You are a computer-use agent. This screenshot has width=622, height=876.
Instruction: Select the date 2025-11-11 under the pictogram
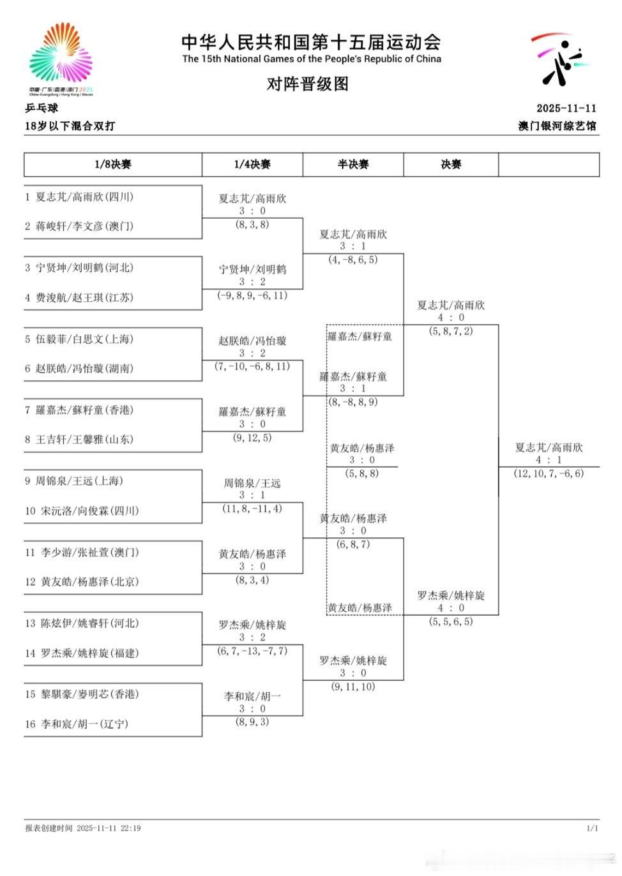(x=566, y=108)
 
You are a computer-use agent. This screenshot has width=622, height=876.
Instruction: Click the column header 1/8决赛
(x=113, y=165)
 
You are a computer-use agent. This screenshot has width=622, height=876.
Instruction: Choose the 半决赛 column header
(x=353, y=165)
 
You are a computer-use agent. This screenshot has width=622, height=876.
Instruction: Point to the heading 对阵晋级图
(x=308, y=84)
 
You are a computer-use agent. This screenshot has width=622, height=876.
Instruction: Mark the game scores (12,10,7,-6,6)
(x=549, y=473)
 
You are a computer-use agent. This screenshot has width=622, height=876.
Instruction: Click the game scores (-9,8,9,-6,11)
(x=252, y=295)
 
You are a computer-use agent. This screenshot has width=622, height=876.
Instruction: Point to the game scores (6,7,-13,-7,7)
(x=252, y=651)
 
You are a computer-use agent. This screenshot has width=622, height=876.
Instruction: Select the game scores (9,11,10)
(x=353, y=687)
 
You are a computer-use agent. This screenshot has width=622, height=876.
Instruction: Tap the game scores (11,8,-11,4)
(x=252, y=509)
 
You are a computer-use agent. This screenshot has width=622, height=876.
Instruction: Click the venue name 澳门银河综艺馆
(x=557, y=126)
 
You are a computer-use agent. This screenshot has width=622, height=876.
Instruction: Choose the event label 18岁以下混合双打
(x=70, y=126)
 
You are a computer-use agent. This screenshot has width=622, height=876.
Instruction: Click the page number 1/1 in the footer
(x=591, y=828)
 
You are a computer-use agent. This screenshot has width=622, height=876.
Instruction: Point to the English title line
(x=312, y=59)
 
